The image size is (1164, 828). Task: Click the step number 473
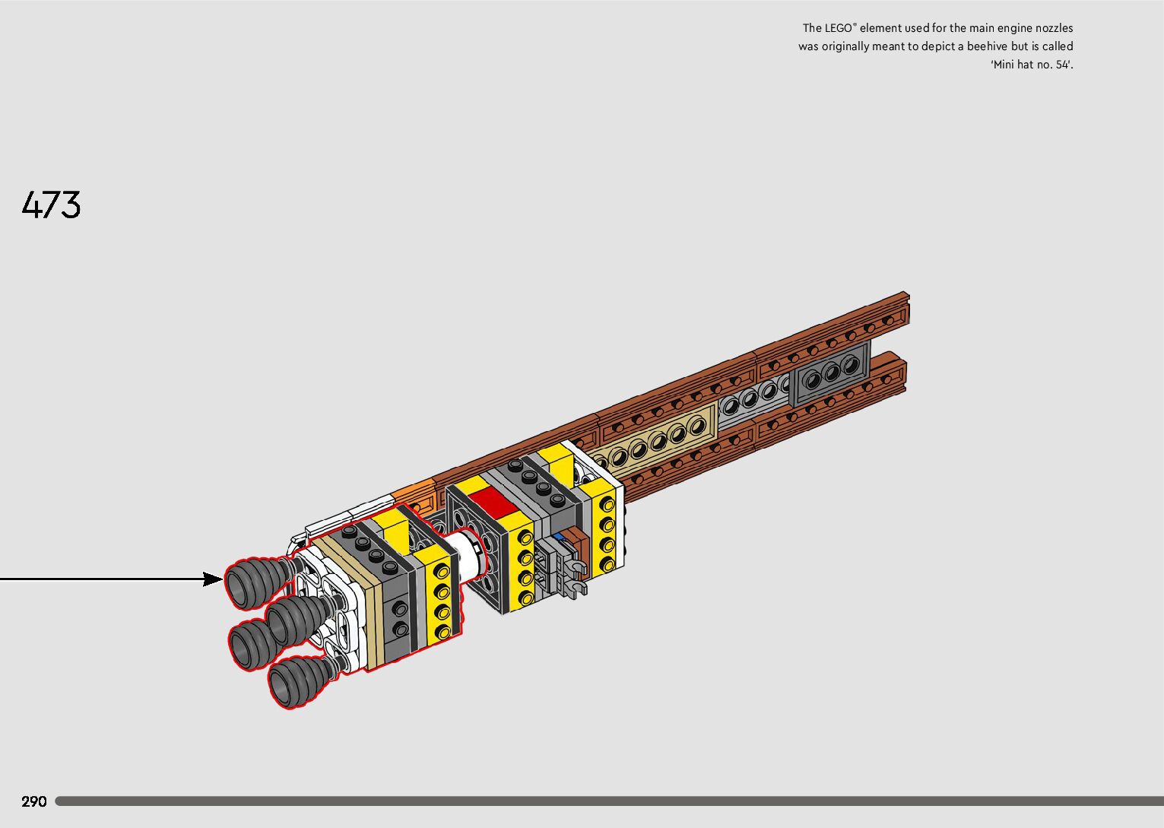coord(52,205)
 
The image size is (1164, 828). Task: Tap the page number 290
coord(34,801)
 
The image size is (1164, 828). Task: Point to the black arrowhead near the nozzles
coord(214,579)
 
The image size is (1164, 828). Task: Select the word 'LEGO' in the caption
coord(840,28)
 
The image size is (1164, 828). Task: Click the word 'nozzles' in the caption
coord(1052,28)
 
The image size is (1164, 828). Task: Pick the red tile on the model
coord(491,502)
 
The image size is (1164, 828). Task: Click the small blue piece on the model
coord(560,536)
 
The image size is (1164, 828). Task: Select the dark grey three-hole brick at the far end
coord(830,372)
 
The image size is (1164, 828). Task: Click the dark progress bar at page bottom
coord(608,801)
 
